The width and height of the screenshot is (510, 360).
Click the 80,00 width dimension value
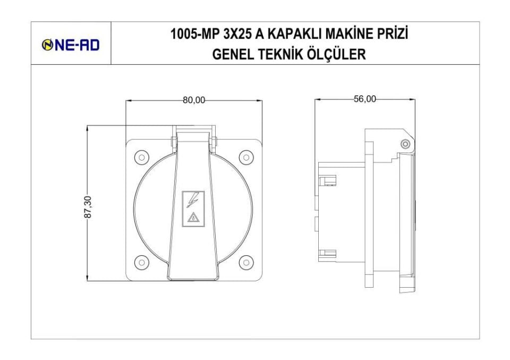194,101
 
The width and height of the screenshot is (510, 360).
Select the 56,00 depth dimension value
364,99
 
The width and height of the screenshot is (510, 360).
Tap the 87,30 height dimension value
88,206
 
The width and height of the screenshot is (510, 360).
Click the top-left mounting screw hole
141,157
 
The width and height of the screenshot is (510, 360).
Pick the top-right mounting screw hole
245,157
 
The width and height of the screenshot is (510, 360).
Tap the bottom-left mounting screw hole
141,262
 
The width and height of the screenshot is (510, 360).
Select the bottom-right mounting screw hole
245,262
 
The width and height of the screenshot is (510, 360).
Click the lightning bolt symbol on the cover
192,200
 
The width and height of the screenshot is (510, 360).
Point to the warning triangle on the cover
193,217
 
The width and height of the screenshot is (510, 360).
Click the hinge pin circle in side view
405,144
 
